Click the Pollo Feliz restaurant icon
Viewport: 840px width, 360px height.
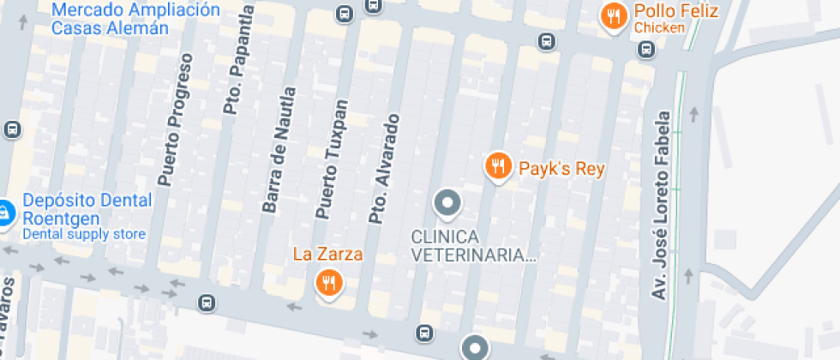pos(614,16)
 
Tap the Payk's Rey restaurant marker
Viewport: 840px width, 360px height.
pos(498,166)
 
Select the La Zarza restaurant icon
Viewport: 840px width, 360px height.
pos(328,282)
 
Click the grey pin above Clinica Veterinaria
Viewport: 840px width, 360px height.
pos(447,204)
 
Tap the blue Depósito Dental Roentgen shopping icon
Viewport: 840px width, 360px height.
pos(4,212)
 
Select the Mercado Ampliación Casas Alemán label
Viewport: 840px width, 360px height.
pos(135,18)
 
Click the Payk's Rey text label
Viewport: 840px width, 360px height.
pos(561,168)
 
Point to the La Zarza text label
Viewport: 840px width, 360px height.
pos(327,254)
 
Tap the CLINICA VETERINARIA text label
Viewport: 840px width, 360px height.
pos(473,245)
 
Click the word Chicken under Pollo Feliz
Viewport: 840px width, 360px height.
pos(659,28)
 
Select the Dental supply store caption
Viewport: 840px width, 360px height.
pos(84,234)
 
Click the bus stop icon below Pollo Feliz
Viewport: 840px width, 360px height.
pos(645,51)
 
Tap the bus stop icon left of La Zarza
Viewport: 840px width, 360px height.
pos(206,303)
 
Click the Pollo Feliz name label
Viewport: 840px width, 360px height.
pos(675,12)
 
